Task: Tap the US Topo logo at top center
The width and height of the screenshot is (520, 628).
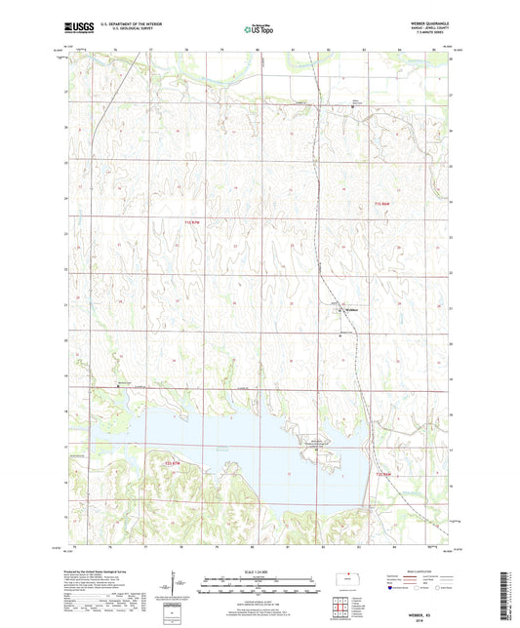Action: [x=258, y=29]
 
